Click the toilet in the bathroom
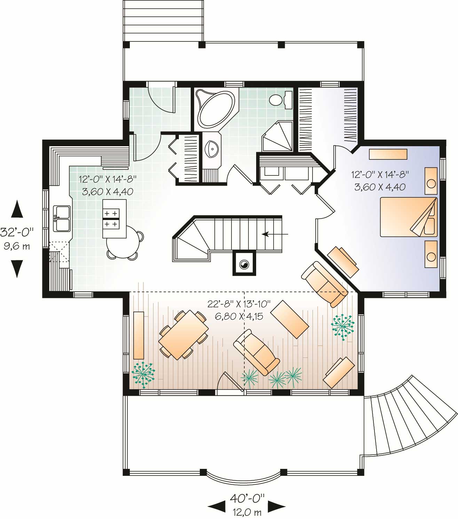coord(276,100)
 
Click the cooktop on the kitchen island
coord(111,218)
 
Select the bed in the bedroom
coord(408,217)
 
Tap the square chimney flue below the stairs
coord(244,264)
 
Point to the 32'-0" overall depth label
coord(17,231)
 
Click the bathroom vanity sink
coord(212,149)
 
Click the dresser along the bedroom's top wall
coord(388,154)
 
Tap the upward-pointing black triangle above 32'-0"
coord(17,209)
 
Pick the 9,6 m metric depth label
coord(17,246)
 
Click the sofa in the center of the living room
coord(256,352)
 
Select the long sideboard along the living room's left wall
coord(139,335)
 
